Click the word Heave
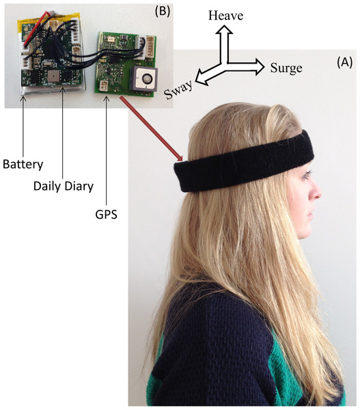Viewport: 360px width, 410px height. point(225,16)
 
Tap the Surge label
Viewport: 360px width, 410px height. point(286,68)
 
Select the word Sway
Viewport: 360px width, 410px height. point(178,90)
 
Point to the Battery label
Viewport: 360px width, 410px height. point(23,165)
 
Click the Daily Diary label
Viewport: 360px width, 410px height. point(64,187)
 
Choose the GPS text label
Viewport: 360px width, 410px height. point(106,215)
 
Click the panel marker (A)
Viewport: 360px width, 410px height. point(344,62)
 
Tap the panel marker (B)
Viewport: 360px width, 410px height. point(163,11)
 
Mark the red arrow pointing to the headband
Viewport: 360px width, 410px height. point(151,128)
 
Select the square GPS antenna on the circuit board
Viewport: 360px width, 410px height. point(144,78)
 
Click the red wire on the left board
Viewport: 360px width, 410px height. point(37,28)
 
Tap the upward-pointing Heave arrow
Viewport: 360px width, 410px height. point(224,44)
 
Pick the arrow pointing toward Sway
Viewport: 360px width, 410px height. point(210,74)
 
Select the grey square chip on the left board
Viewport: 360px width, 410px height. point(54,77)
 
